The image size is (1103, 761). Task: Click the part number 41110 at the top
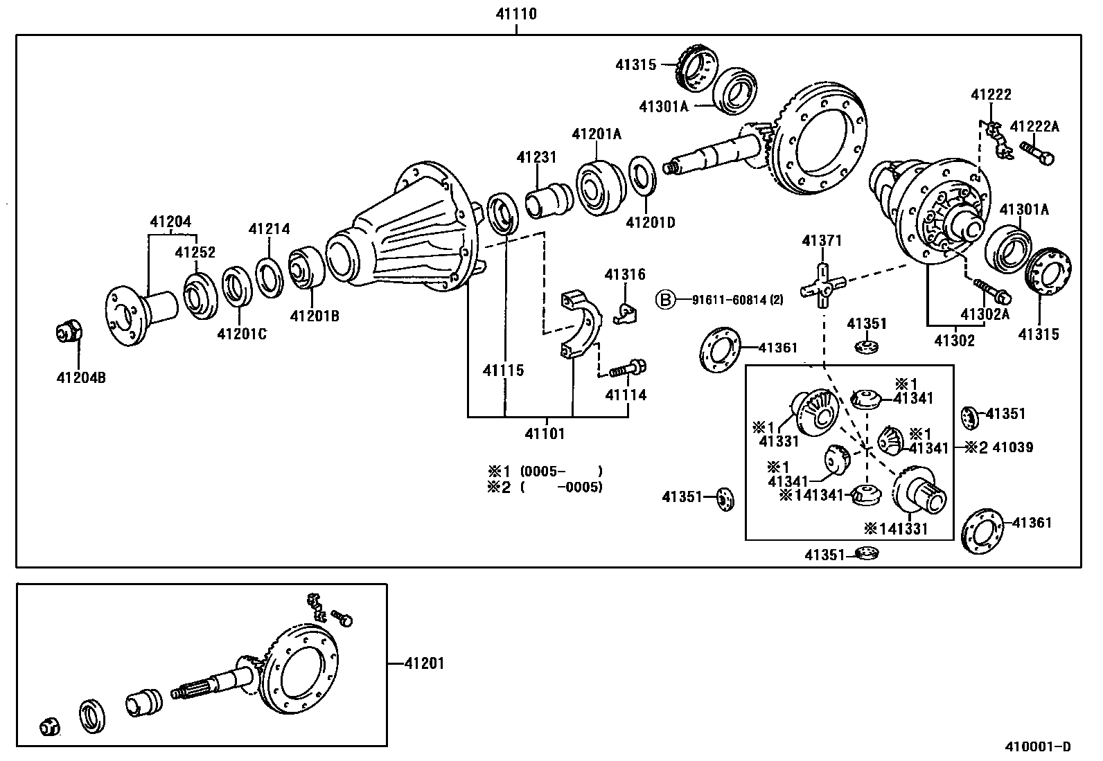[x=517, y=13]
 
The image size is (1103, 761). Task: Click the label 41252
[x=195, y=253]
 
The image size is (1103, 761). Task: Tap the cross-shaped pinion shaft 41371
[x=822, y=285]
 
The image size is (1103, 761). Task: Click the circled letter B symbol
[x=664, y=300]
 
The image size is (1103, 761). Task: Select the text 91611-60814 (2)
[x=737, y=300]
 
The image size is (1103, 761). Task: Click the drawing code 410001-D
[x=1038, y=746]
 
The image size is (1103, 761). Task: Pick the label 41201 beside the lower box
[x=424, y=663]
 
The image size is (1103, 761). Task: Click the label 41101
[x=545, y=434]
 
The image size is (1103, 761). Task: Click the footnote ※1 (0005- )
[x=545, y=471]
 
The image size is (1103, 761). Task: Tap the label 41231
[x=536, y=157]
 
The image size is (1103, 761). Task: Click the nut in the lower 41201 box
[x=49, y=726]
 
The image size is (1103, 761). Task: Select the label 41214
[x=270, y=229]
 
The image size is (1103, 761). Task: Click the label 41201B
[x=314, y=316]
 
